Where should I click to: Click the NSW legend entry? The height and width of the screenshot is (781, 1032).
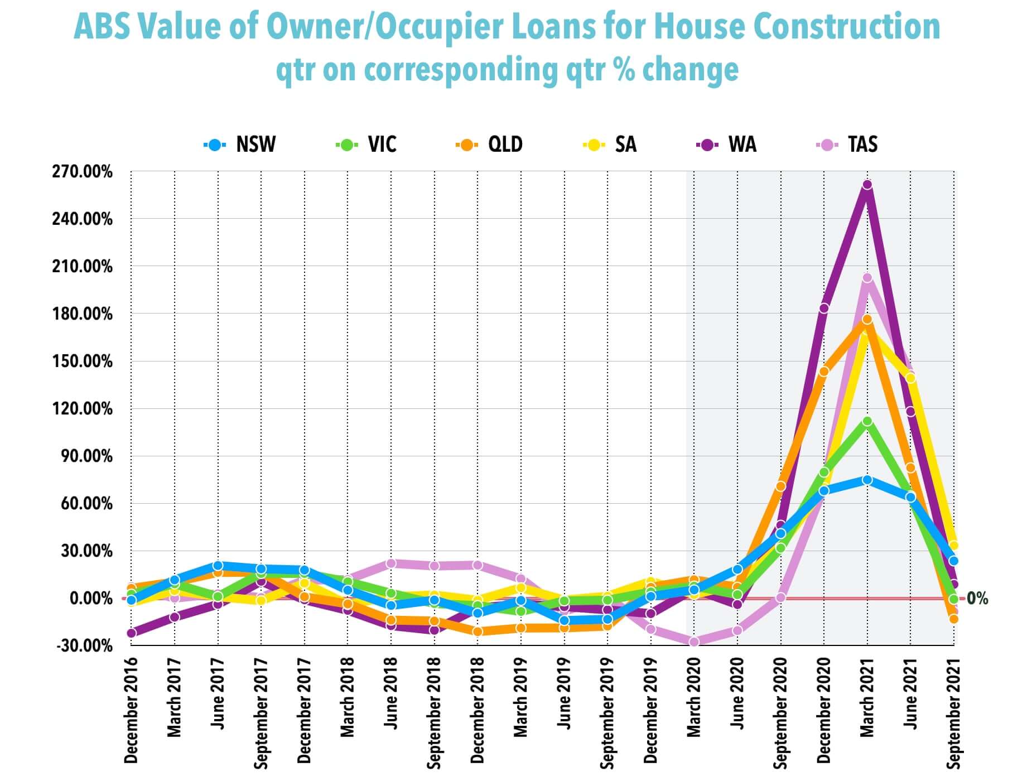point(240,144)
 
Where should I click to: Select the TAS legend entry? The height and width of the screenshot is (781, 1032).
point(847,144)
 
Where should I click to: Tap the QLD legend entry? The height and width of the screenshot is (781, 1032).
point(490,144)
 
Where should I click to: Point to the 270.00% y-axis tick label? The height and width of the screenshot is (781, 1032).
point(83,171)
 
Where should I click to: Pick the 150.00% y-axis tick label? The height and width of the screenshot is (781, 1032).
point(83,361)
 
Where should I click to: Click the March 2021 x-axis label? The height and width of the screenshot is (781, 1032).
point(867,697)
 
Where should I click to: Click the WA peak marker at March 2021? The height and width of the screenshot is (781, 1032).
point(867,185)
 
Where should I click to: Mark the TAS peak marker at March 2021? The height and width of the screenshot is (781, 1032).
point(867,278)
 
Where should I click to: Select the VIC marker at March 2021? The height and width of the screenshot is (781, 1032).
point(867,421)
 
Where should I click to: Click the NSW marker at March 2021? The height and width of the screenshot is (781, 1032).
point(867,480)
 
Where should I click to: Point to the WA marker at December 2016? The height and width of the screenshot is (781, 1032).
point(131,633)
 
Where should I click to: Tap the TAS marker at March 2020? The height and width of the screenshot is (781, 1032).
point(694,642)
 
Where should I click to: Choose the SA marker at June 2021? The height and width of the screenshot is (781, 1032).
point(910,378)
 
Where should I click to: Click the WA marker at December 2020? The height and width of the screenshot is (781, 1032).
point(823,308)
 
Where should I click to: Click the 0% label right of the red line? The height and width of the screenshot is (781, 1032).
point(977,599)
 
